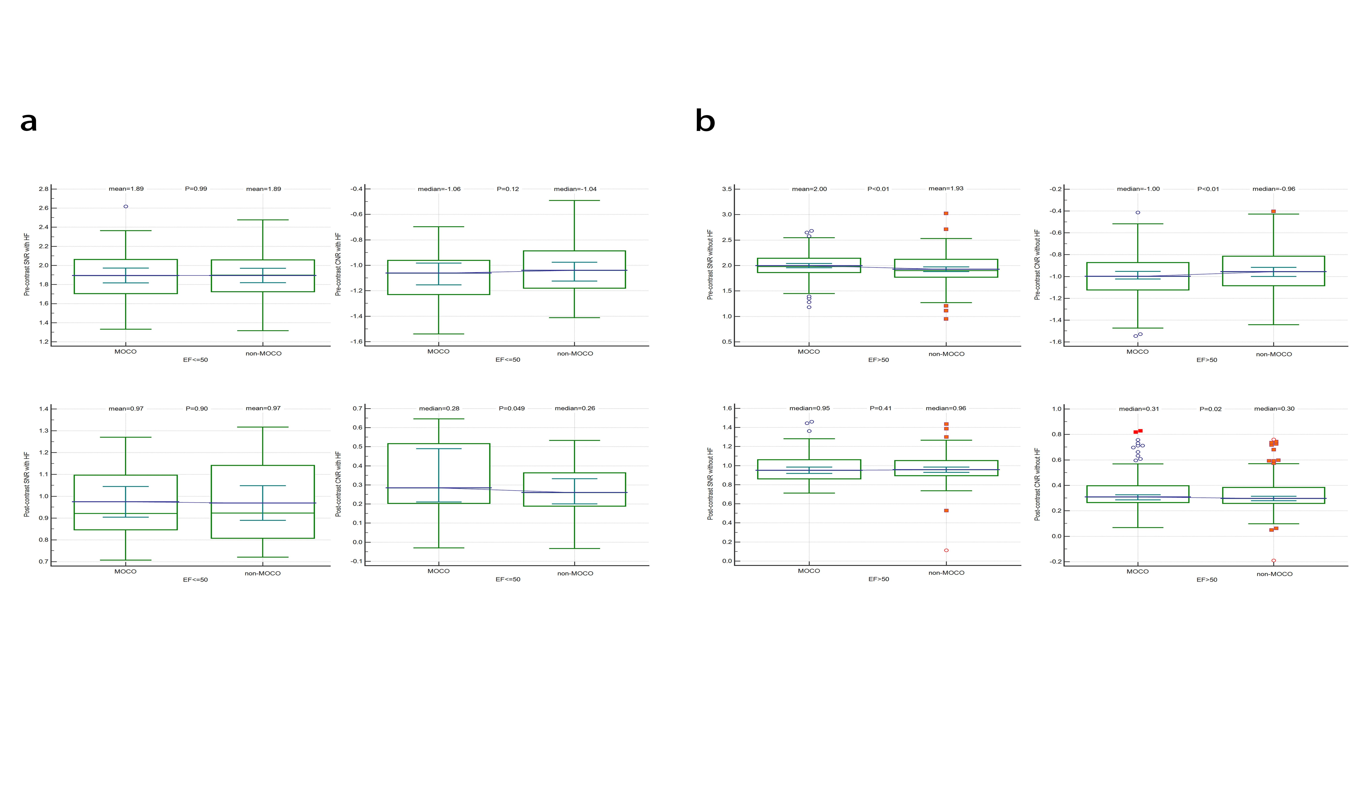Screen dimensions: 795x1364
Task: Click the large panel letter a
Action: click(x=29, y=122)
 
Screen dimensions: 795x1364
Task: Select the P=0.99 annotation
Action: click(x=196, y=189)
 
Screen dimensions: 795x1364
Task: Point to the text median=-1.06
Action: click(x=439, y=189)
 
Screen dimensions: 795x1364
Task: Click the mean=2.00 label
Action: click(x=809, y=189)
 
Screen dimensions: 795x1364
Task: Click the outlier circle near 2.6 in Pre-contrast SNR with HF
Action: click(x=126, y=206)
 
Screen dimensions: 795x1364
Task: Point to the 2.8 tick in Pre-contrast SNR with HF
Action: click(x=43, y=189)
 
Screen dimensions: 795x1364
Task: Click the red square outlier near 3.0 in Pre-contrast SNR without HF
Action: click(x=946, y=213)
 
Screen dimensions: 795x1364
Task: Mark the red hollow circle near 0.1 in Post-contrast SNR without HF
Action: click(x=946, y=550)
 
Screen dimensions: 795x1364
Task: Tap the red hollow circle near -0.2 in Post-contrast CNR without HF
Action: click(x=1274, y=561)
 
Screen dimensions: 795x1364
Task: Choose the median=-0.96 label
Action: click(x=1274, y=189)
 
